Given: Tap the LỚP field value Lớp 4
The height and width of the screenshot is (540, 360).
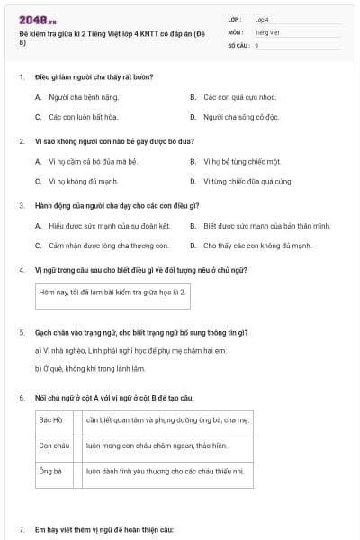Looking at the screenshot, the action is point(262,19).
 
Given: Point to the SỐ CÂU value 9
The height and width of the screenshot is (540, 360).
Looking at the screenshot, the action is point(256,44).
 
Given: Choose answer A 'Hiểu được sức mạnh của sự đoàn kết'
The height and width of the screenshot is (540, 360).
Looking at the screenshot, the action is point(109,226).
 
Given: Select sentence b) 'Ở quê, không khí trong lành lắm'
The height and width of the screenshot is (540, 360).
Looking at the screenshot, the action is point(89,367).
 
